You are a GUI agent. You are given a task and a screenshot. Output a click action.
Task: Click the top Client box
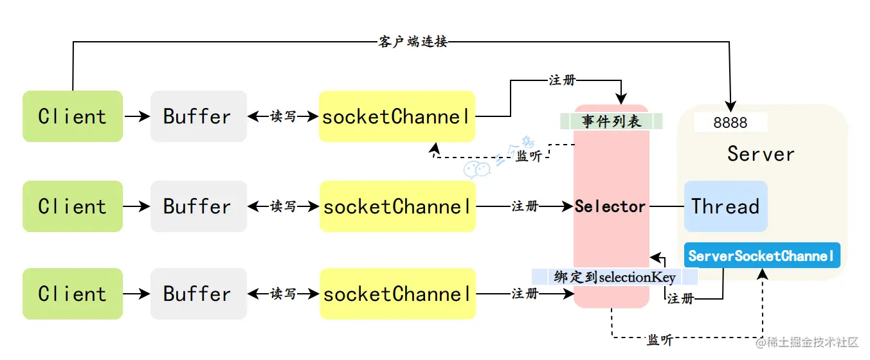(72, 116)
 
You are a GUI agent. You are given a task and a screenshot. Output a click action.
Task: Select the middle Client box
(72, 206)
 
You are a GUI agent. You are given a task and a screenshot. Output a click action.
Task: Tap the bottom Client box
(72, 294)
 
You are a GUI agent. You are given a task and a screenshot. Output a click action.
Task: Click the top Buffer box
(198, 116)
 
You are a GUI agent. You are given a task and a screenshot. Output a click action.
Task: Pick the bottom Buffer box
(198, 294)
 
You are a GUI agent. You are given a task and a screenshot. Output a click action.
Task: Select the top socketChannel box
(397, 116)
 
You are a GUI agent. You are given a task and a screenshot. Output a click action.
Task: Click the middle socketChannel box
(397, 206)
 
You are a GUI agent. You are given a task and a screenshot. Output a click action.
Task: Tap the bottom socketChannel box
(397, 294)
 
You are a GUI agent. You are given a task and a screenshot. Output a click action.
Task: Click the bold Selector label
(610, 206)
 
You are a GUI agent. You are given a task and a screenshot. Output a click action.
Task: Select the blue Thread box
(725, 206)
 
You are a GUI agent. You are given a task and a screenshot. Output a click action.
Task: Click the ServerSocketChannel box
(761, 256)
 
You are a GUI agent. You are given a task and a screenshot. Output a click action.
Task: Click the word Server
(761, 154)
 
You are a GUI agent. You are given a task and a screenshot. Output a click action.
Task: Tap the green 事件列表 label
(611, 122)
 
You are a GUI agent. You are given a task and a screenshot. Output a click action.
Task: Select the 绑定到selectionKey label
(615, 277)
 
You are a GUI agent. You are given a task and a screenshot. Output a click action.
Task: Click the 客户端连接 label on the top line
(411, 42)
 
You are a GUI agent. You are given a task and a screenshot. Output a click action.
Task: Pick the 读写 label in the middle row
(283, 206)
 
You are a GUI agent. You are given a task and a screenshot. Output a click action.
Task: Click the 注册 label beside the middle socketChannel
(525, 206)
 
